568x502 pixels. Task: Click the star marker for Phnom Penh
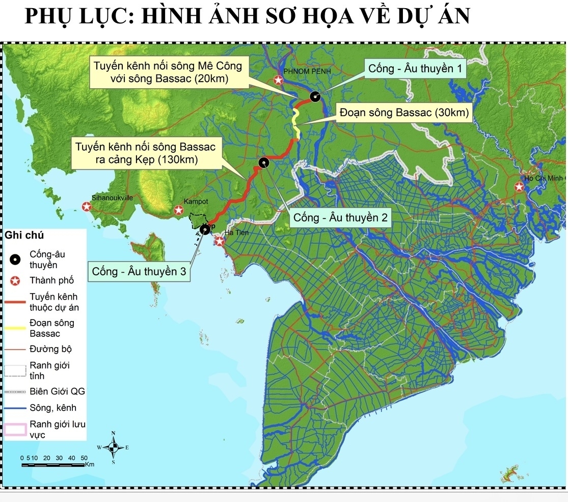point(278,80)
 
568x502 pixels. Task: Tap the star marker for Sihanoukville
point(87,207)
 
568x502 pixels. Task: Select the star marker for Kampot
point(179,210)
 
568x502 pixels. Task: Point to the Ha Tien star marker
point(220,241)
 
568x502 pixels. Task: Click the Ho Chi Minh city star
point(519,187)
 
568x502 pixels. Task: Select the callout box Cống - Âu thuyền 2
point(340,218)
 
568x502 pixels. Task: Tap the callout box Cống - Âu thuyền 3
point(139,271)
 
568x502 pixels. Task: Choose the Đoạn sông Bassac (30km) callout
point(403,113)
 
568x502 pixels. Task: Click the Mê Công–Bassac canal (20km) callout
point(165,72)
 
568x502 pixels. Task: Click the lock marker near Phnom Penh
point(315,96)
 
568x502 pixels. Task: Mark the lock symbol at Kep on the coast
point(205,230)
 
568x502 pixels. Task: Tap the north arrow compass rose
point(114,447)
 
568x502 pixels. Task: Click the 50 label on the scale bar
point(84,458)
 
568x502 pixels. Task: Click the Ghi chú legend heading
point(24,235)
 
